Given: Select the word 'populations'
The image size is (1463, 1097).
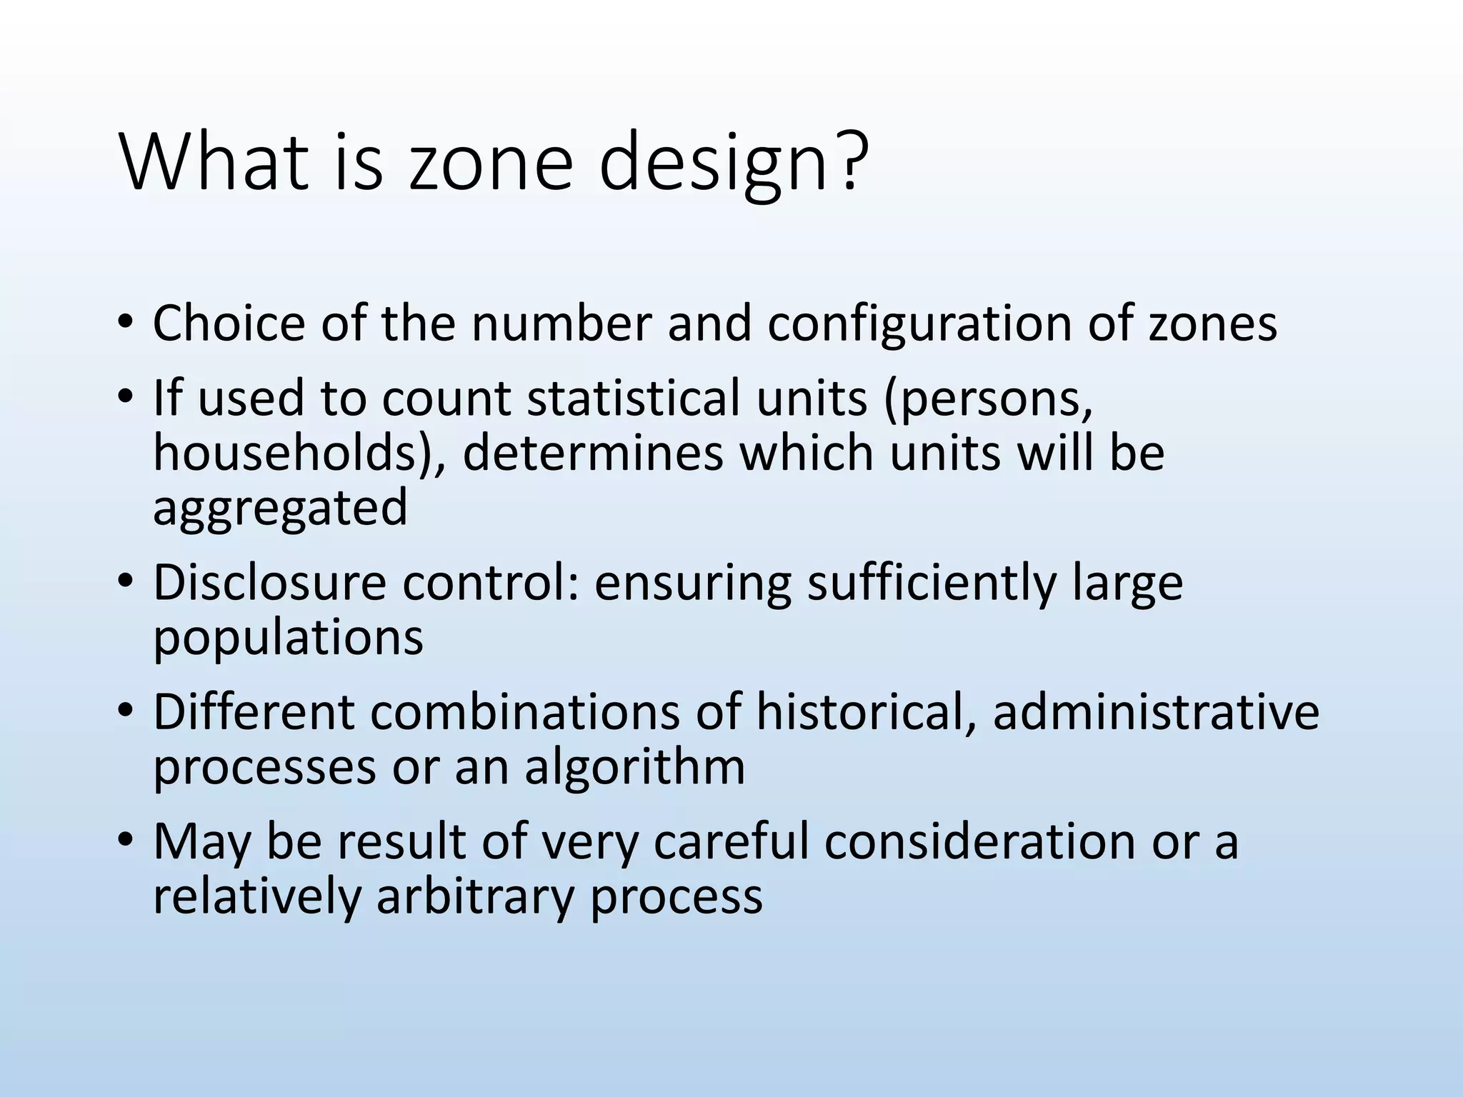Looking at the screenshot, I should coord(288,638).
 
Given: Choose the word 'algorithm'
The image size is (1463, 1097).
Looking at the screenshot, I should coord(634,768).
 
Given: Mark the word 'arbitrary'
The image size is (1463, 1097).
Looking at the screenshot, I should coord(474,897).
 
